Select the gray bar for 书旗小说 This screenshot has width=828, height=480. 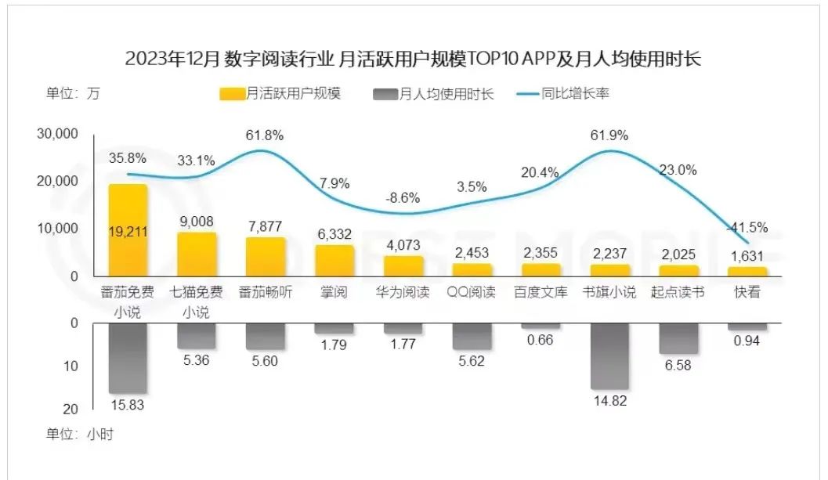[x=609, y=356]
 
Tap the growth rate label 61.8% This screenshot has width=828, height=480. [x=265, y=135]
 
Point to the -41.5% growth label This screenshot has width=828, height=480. [x=748, y=227]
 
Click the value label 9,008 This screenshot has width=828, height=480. [x=197, y=222]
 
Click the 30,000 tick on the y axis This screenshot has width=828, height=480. [x=58, y=134]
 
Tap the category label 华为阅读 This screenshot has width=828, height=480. [x=403, y=293]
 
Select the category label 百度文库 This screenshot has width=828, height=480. [x=541, y=293]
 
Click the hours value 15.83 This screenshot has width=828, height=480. [x=128, y=405]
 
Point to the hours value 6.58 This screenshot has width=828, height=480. [x=678, y=365]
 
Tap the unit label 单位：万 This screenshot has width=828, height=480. [x=73, y=94]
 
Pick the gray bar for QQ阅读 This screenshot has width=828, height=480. [x=472, y=337]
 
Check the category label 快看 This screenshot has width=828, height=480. [x=747, y=293]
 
